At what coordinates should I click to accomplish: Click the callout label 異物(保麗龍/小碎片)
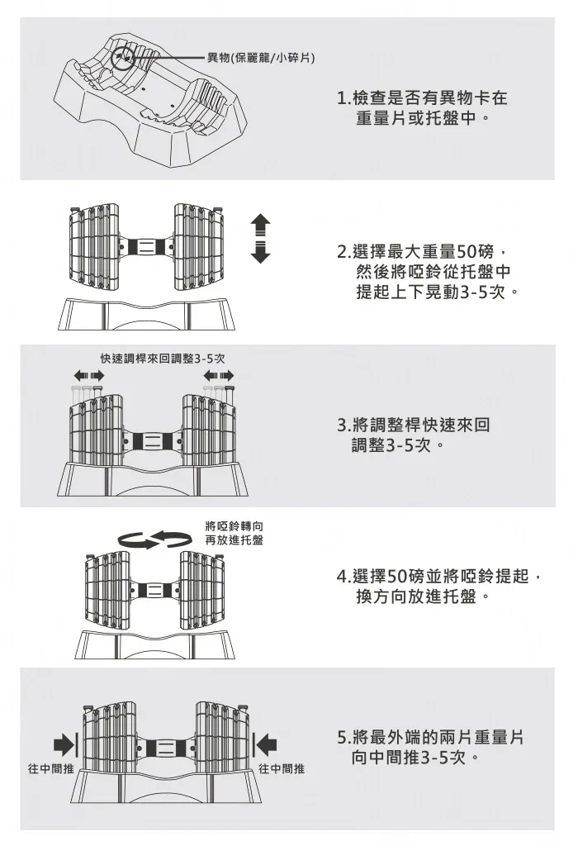pos(258,57)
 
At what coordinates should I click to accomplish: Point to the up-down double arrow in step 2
pos(260,238)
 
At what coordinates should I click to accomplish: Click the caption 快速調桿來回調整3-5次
pos(163,359)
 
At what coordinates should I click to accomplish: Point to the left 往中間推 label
pos(51,769)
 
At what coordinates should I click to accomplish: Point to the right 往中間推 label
pos(282,769)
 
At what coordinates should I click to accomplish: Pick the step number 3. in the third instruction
pos(344,425)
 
